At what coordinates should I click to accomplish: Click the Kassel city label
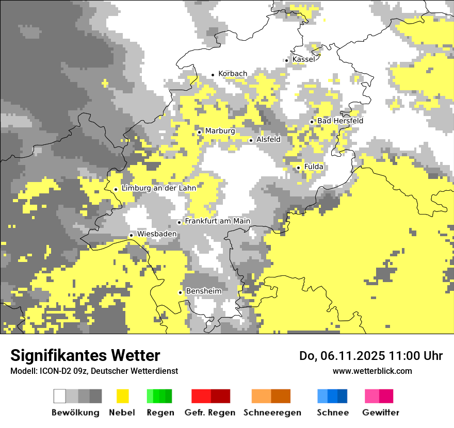303,60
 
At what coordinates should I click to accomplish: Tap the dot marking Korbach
213,75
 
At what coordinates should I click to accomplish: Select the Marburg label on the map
220,131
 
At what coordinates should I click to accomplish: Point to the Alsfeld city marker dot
251,140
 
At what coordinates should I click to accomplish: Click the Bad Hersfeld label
340,121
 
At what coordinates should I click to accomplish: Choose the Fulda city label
314,167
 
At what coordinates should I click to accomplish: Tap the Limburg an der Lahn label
158,188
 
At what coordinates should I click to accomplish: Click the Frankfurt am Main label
217,221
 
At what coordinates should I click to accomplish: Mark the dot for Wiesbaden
131,235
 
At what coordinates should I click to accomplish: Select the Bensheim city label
203,291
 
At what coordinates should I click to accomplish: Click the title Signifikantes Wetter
85,355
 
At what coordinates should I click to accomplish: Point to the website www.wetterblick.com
372,371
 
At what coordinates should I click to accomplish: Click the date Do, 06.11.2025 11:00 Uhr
370,356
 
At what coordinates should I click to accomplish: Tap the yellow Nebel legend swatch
122,396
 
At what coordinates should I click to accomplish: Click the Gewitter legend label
380,413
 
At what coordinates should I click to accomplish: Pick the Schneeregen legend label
272,413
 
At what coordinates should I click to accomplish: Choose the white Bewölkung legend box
60,396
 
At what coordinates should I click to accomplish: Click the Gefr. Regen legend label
210,413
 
